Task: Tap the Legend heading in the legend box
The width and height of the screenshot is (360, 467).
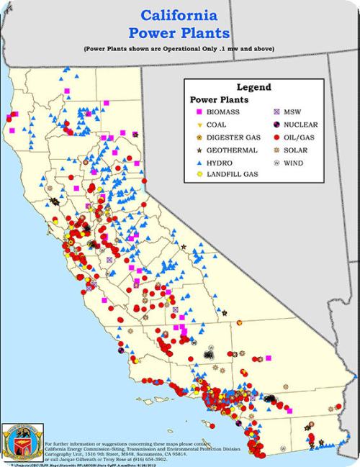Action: coord(254,86)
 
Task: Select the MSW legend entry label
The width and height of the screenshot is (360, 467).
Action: coord(293,113)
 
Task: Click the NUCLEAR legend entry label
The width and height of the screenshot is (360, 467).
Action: coord(300,125)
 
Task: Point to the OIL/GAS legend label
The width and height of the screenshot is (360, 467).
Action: coord(300,137)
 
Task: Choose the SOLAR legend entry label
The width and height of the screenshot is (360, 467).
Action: coord(295,150)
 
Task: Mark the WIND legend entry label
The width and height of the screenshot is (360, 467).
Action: coord(293,162)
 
